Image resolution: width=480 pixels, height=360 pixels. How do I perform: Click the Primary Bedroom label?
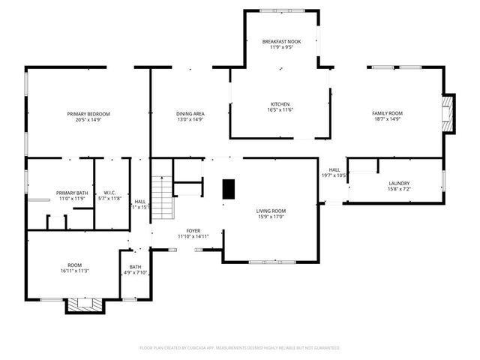[x=83, y=113]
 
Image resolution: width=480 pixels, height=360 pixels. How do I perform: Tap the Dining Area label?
[x=190, y=113]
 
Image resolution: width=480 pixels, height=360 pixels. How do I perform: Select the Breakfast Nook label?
[x=281, y=41]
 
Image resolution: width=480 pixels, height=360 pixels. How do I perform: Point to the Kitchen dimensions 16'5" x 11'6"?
[x=280, y=110]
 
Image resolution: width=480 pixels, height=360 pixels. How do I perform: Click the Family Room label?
[x=387, y=113]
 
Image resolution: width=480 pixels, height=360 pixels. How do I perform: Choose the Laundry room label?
[x=399, y=183]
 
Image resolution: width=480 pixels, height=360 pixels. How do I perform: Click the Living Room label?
[x=271, y=211]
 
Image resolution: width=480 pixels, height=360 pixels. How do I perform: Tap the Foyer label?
[x=193, y=230]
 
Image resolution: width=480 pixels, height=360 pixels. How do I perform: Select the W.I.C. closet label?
[x=109, y=193]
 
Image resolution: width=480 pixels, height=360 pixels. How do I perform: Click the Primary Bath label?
[x=72, y=193]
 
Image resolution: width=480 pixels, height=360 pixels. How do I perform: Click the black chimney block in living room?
[x=229, y=190]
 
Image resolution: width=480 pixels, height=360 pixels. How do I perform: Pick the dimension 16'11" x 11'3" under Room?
[x=75, y=271]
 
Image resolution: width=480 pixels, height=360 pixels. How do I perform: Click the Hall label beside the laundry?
[x=334, y=170]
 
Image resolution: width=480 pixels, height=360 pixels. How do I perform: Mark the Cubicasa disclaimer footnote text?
[x=240, y=348]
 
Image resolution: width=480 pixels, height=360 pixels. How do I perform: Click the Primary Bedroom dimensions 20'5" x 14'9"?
[x=83, y=119]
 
